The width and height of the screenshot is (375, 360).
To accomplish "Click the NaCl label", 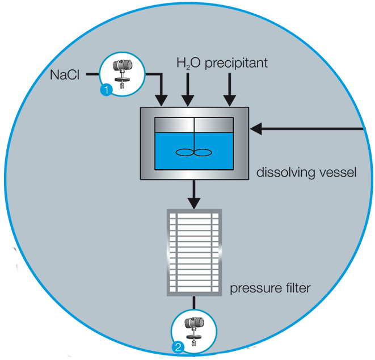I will point(64,75).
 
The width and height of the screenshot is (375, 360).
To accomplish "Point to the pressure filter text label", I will point(270,288).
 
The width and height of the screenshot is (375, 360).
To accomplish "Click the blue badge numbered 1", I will point(106,89).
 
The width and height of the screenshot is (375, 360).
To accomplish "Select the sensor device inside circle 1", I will point(121,72).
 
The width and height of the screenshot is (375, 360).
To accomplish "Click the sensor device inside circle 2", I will point(195,330).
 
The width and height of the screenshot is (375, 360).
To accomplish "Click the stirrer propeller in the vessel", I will point(195,152).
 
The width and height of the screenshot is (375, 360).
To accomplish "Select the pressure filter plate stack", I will point(194,252).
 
